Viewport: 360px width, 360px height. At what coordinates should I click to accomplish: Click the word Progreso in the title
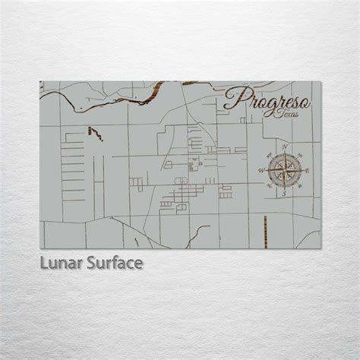pyautogui.click(x=261, y=98)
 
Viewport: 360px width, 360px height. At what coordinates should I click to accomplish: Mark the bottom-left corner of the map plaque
pyautogui.click(x=40, y=248)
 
